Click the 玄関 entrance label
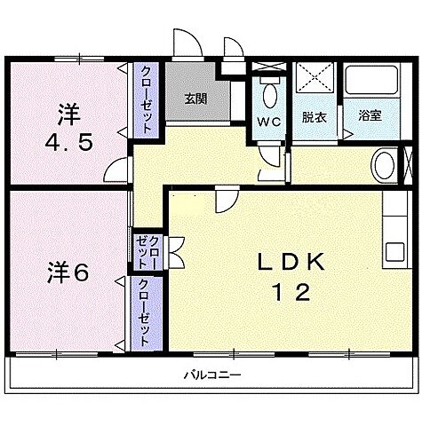195,99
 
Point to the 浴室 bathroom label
370,115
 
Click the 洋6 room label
68,272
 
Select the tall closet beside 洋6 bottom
143,312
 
